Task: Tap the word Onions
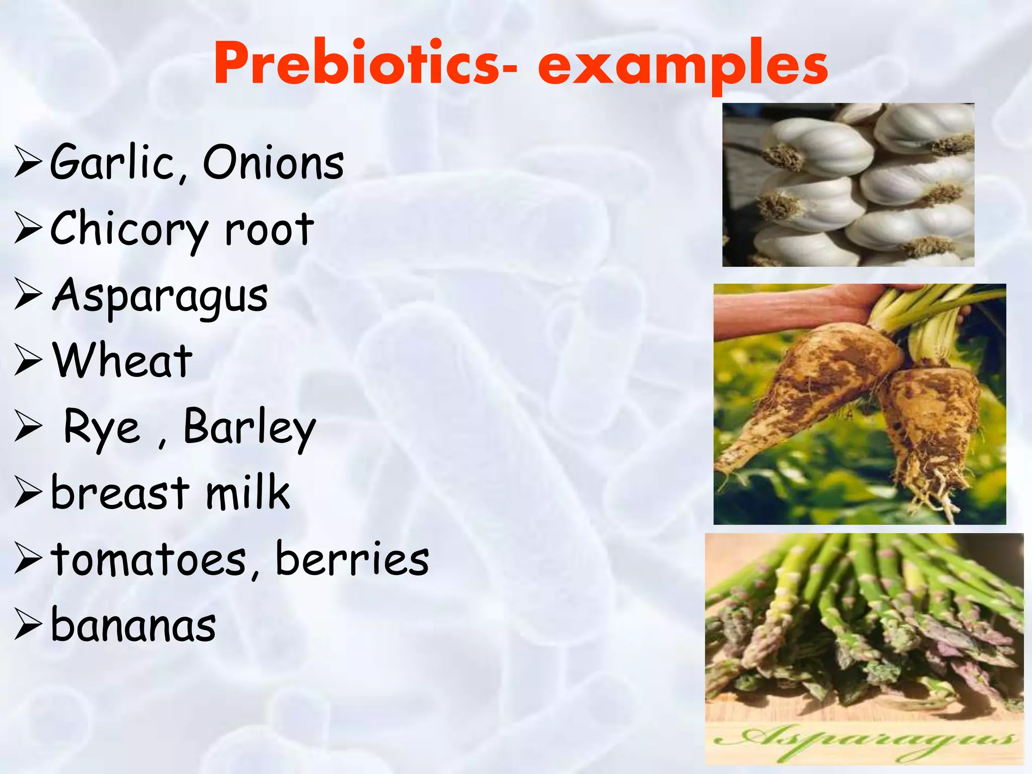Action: point(274,162)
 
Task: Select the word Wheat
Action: point(122,361)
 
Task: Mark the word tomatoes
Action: point(149,559)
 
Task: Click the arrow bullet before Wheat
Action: point(28,361)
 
